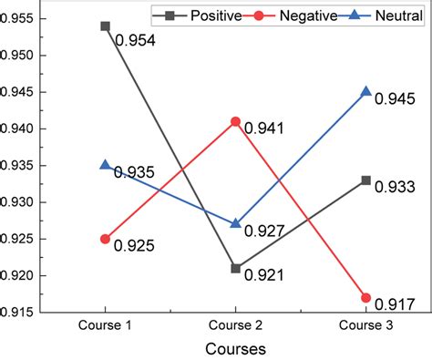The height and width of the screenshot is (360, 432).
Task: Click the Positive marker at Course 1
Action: pyautogui.click(x=106, y=26)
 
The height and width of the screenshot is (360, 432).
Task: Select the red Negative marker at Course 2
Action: pyautogui.click(x=236, y=121)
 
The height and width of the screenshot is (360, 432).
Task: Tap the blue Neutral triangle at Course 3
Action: pyautogui.click(x=365, y=92)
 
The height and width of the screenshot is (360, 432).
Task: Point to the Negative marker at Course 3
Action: pyautogui.click(x=365, y=298)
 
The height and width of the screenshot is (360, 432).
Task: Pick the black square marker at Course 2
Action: pyautogui.click(x=236, y=268)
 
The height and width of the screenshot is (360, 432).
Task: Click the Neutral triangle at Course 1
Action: pyautogui.click(x=106, y=165)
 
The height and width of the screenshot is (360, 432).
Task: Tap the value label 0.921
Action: pyautogui.click(x=263, y=275)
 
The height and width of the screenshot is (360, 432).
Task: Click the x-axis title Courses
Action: pyautogui.click(x=236, y=349)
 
